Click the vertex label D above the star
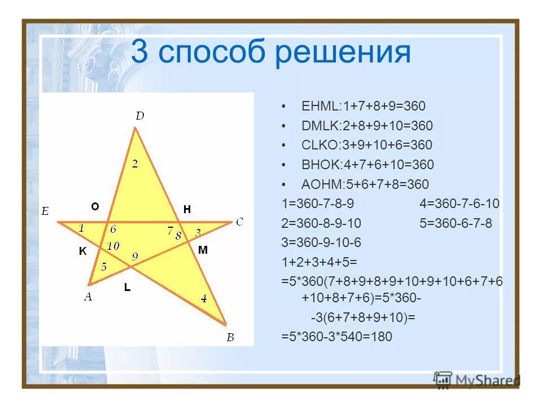point(139,116)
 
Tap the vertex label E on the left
point(45,212)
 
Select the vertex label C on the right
point(239,222)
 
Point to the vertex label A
point(88,297)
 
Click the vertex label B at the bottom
point(230,338)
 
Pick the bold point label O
point(95,207)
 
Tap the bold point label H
point(187,209)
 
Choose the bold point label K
point(82,252)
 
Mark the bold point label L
point(128,288)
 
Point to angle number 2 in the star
point(135,164)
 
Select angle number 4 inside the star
point(204,299)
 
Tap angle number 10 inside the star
point(113,246)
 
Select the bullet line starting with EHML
point(364,106)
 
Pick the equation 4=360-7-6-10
point(460,204)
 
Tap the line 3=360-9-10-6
point(321,242)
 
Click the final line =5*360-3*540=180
point(336,337)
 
